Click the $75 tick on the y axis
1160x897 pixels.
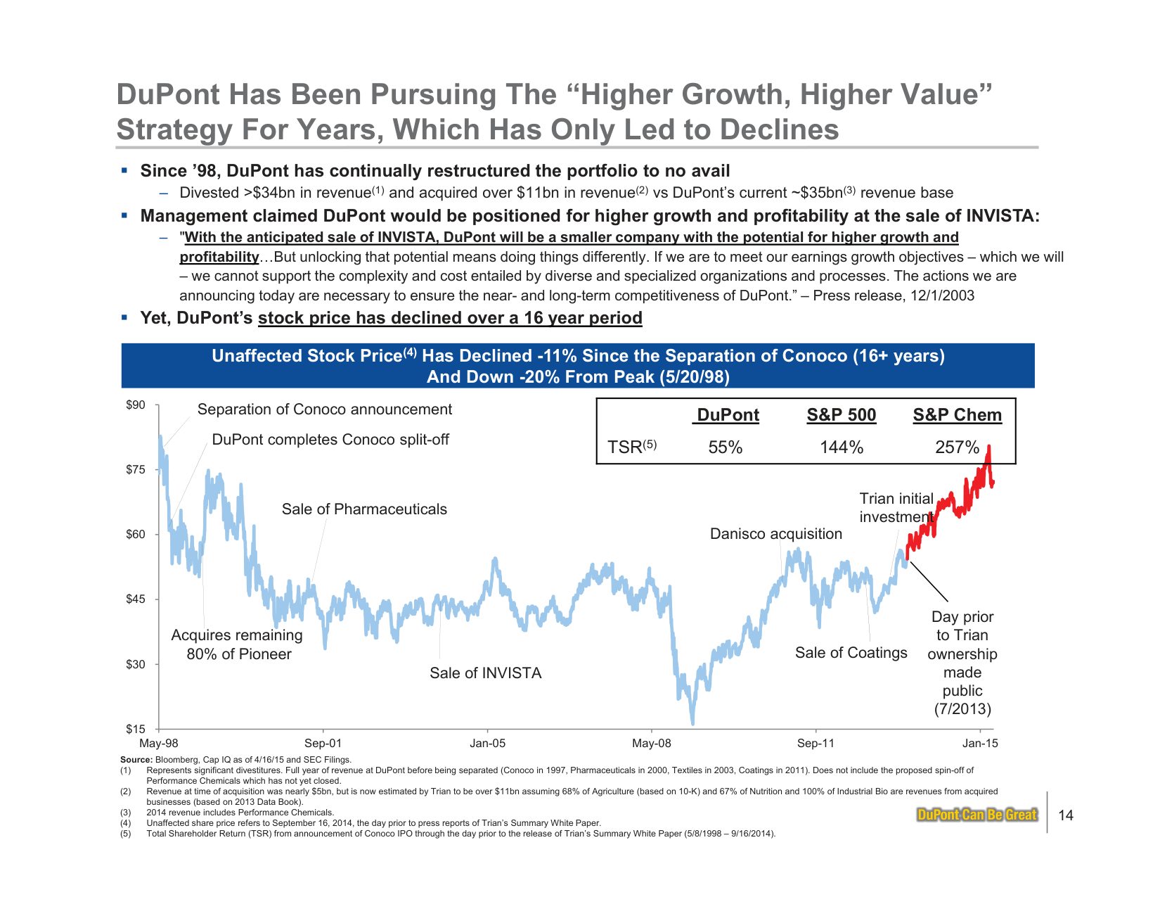pyautogui.click(x=136, y=470)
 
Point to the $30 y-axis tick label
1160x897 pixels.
pyautogui.click(x=136, y=665)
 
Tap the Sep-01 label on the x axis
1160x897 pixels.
pyautogui.click(x=323, y=744)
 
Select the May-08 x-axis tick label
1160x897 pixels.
pyautogui.click(x=651, y=744)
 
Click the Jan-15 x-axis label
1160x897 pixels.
pyautogui.click(x=980, y=744)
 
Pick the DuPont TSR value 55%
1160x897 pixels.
pyautogui.click(x=726, y=447)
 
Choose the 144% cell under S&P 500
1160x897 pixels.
pyautogui.click(x=842, y=447)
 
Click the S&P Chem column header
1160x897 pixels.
pyautogui.click(x=957, y=415)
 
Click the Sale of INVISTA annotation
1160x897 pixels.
pyautogui.click(x=486, y=673)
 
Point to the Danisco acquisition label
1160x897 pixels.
pyautogui.click(x=775, y=534)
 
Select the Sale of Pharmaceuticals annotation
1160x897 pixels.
pyautogui.click(x=364, y=509)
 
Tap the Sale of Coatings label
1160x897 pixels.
pyautogui.click(x=851, y=653)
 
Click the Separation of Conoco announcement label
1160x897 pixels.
pyautogui.click(x=324, y=409)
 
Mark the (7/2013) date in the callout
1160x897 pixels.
pyautogui.click(x=962, y=709)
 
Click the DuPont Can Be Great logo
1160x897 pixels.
pyautogui.click(x=977, y=815)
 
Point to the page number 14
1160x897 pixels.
pyautogui.click(x=1066, y=815)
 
